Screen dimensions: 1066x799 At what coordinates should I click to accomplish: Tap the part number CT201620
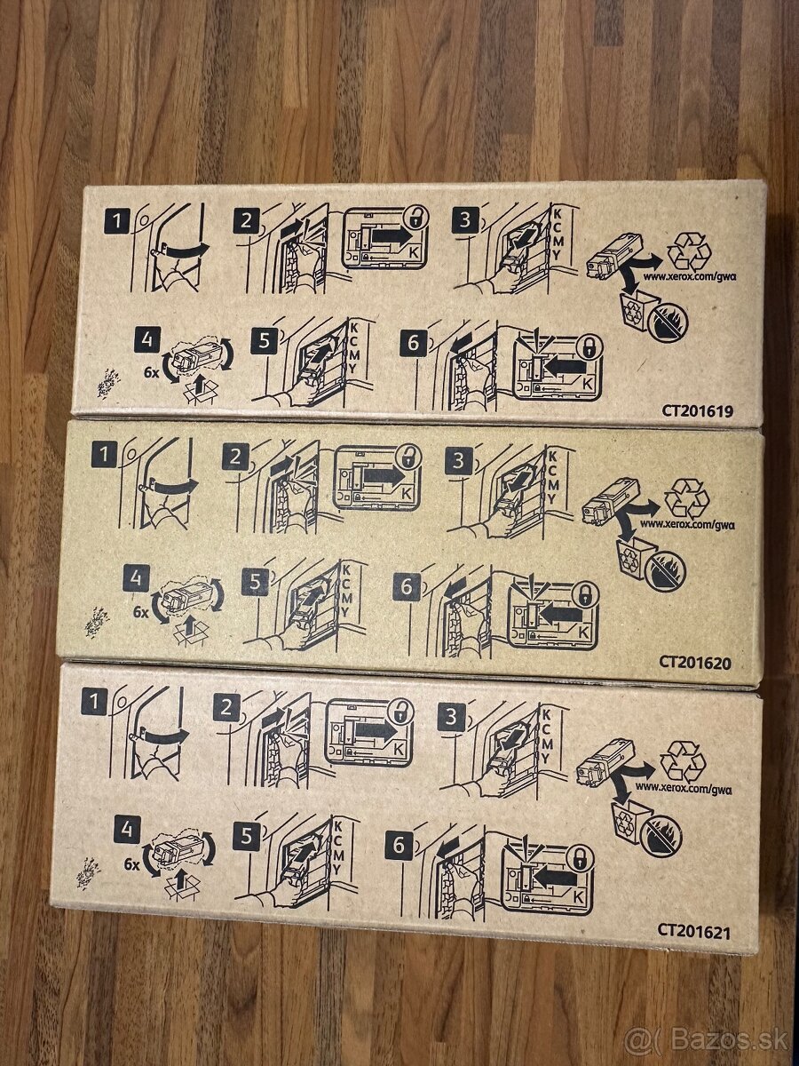[695, 661]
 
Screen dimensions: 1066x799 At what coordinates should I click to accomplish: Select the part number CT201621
[695, 930]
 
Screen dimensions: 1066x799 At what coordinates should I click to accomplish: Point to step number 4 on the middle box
[136, 579]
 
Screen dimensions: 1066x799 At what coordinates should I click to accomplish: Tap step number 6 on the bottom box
[399, 846]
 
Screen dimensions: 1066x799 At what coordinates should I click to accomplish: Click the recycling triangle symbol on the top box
[688, 251]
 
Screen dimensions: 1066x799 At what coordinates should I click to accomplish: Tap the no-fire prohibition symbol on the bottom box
[661, 837]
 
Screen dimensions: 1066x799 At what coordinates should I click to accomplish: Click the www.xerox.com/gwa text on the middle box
[687, 523]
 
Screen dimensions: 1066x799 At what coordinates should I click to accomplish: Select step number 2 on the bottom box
[228, 708]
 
